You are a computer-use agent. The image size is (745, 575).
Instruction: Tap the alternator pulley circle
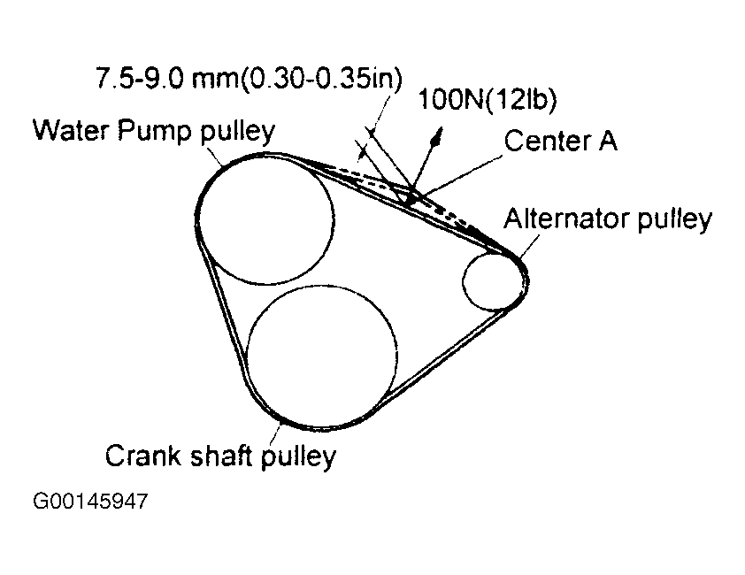coord(493,280)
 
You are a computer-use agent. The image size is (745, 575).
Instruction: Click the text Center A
coord(560,141)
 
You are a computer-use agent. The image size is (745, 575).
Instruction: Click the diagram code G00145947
coord(91,502)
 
